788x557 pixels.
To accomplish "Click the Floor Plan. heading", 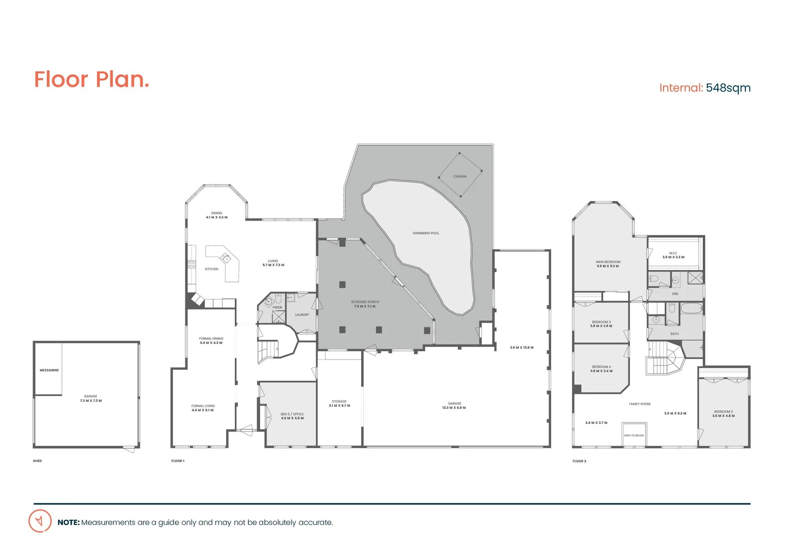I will [91, 80].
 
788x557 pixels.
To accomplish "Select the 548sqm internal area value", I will [728, 88].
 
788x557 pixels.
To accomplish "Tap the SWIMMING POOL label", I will [426, 233].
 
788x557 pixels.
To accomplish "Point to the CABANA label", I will [460, 176].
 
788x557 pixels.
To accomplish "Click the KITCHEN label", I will [212, 269].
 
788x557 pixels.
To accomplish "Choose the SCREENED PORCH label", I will [365, 302].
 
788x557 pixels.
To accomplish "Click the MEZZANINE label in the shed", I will [49, 370].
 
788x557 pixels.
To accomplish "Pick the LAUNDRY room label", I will [302, 315].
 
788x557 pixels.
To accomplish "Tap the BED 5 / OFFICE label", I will [292, 414].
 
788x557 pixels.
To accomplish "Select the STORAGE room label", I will [339, 401].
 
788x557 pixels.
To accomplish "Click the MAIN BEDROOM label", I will [608, 262].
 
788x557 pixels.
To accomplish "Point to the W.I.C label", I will [673, 253].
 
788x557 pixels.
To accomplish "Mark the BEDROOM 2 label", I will [723, 412].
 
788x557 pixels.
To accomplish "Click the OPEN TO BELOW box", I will [633, 435].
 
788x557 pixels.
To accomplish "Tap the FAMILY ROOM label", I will [639, 404].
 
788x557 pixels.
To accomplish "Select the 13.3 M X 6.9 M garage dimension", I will [454, 408].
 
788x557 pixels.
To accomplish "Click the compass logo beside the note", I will [40, 521].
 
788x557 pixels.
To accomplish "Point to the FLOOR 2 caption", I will [579, 461].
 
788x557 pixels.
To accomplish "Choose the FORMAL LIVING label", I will [203, 406].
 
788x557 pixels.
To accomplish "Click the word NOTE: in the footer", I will [69, 522].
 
